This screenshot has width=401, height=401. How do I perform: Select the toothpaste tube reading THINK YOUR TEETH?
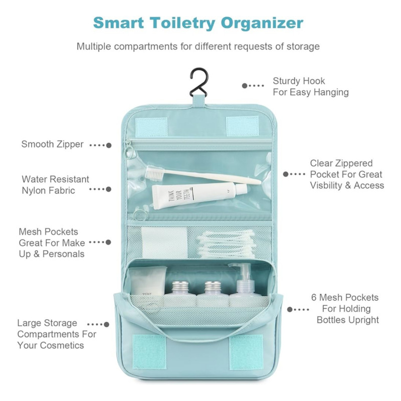199,195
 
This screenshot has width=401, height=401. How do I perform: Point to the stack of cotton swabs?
227,244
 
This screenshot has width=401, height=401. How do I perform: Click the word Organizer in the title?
262,24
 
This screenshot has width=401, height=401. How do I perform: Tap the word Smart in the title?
118,23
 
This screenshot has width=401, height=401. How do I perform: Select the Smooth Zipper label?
53,144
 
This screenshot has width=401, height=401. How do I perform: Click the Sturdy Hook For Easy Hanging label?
311,86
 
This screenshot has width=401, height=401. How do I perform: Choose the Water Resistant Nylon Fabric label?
56,184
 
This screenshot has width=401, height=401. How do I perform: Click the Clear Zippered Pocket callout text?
347,174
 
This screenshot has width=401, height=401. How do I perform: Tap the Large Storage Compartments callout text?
57,334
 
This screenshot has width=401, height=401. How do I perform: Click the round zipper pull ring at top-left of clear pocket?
130,153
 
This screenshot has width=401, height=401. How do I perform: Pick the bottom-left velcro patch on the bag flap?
149,352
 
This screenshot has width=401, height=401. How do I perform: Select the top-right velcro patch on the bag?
243,126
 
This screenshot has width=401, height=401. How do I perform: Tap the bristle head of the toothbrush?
154,172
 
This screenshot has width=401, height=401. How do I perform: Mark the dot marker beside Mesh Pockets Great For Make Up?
108,242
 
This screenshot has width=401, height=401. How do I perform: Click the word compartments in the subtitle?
146,47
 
